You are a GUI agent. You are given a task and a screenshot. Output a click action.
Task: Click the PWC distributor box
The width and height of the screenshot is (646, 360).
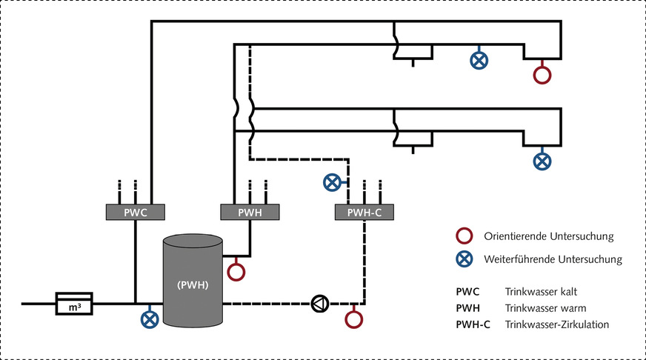[136, 213]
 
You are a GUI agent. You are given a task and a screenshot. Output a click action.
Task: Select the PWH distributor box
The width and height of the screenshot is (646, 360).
[251, 213]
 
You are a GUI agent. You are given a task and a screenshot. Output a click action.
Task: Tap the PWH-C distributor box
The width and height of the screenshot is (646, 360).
[364, 213]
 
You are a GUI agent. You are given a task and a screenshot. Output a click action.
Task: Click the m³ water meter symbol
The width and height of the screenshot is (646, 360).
[75, 303]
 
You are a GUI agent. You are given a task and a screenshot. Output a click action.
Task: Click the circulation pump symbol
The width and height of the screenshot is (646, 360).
[319, 303]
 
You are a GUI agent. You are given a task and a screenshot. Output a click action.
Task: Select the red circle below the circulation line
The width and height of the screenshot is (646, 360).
[354, 319]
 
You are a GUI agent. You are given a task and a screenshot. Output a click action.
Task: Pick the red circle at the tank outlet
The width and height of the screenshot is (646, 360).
[236, 271]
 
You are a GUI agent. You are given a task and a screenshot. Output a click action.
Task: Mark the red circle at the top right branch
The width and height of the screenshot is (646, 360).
[543, 75]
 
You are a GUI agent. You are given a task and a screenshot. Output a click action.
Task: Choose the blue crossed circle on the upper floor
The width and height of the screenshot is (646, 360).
[479, 61]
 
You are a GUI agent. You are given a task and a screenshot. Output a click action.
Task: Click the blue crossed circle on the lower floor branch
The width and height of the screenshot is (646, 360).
[543, 160]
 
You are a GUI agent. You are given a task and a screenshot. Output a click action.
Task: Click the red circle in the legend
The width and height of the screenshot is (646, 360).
[464, 237]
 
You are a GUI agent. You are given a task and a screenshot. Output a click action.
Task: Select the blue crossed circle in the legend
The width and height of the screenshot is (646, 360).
[464, 259]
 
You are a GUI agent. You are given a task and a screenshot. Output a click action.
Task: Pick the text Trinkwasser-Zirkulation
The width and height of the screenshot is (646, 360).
[558, 324]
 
